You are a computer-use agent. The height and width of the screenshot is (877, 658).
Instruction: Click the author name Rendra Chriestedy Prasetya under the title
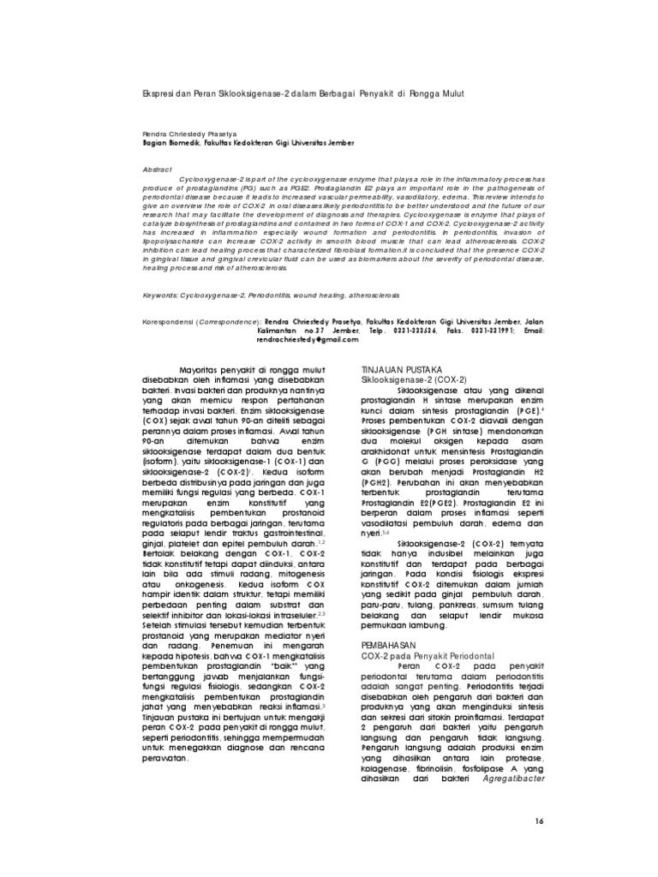point(188,134)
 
